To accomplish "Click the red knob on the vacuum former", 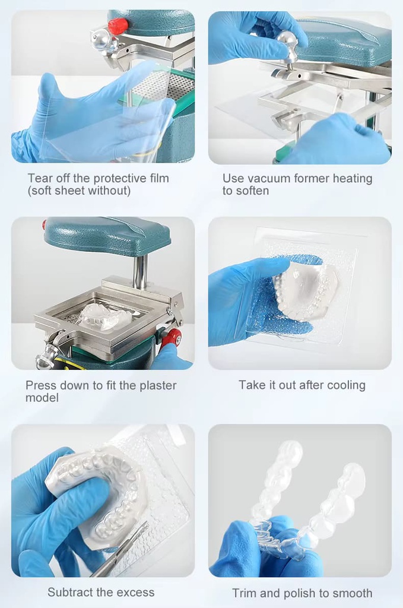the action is (x=118, y=26).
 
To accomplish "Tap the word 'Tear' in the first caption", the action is (x=40, y=178).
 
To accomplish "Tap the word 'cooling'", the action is (x=347, y=385).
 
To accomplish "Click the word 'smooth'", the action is (x=353, y=593).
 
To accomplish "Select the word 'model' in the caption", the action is (x=42, y=397).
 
